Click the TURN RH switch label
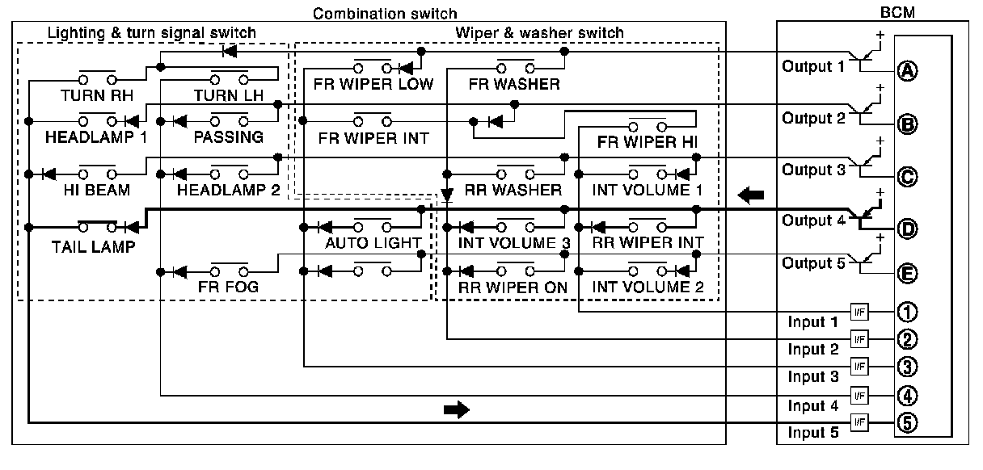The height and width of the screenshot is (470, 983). (95, 95)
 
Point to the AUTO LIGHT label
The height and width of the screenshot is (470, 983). (373, 243)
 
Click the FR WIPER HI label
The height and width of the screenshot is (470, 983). (648, 143)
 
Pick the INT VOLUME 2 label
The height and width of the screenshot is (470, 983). (648, 287)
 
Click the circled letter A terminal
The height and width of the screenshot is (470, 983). (907, 70)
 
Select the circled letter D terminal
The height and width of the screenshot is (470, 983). (907, 229)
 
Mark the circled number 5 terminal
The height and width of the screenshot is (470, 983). (907, 422)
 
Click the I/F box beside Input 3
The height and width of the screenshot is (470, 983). (859, 367)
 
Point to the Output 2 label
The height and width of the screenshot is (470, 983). (812, 118)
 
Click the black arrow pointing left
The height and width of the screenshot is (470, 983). (751, 195)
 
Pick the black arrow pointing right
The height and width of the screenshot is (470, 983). (456, 410)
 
